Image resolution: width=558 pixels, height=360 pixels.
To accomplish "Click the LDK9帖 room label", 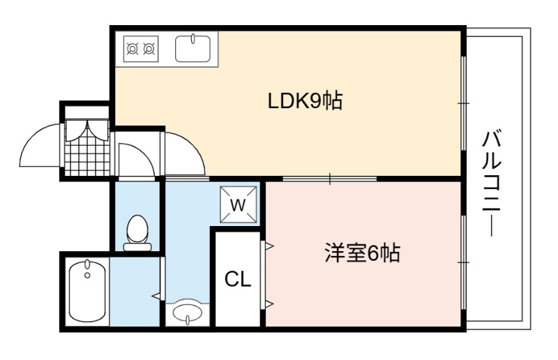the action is [x=305, y=101].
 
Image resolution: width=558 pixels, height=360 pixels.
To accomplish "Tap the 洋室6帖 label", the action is [x=362, y=253].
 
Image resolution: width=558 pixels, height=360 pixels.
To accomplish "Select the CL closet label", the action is [x=238, y=279].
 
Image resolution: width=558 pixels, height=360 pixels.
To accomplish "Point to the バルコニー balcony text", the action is [x=492, y=183].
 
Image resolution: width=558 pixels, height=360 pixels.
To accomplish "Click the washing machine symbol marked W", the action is [x=238, y=204].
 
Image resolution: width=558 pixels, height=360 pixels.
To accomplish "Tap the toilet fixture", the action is [x=137, y=233].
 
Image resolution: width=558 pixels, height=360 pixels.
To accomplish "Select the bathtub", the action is [x=88, y=290].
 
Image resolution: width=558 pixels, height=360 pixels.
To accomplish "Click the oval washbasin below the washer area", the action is [x=187, y=313].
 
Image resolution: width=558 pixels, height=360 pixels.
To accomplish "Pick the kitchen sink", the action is [x=193, y=47].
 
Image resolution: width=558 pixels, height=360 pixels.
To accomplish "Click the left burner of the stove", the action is [x=133, y=49].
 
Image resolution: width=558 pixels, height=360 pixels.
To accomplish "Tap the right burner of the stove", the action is [x=149, y=49].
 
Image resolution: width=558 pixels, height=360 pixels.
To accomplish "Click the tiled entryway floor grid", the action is [x=88, y=158].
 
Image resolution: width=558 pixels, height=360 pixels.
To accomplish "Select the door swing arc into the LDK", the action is [x=193, y=146].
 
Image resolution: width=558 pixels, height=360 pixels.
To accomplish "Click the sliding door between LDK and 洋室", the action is [x=329, y=178].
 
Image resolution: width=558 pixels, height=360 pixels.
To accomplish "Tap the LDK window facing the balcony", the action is [x=463, y=103].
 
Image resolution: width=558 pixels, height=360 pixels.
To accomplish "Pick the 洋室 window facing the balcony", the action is [x=463, y=262].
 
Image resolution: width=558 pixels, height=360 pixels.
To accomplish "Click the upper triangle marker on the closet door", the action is [x=269, y=246].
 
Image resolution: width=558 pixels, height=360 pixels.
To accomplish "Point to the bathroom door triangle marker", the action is [x=156, y=296].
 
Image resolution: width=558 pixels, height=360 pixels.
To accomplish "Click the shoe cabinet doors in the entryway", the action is [x=86, y=130].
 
